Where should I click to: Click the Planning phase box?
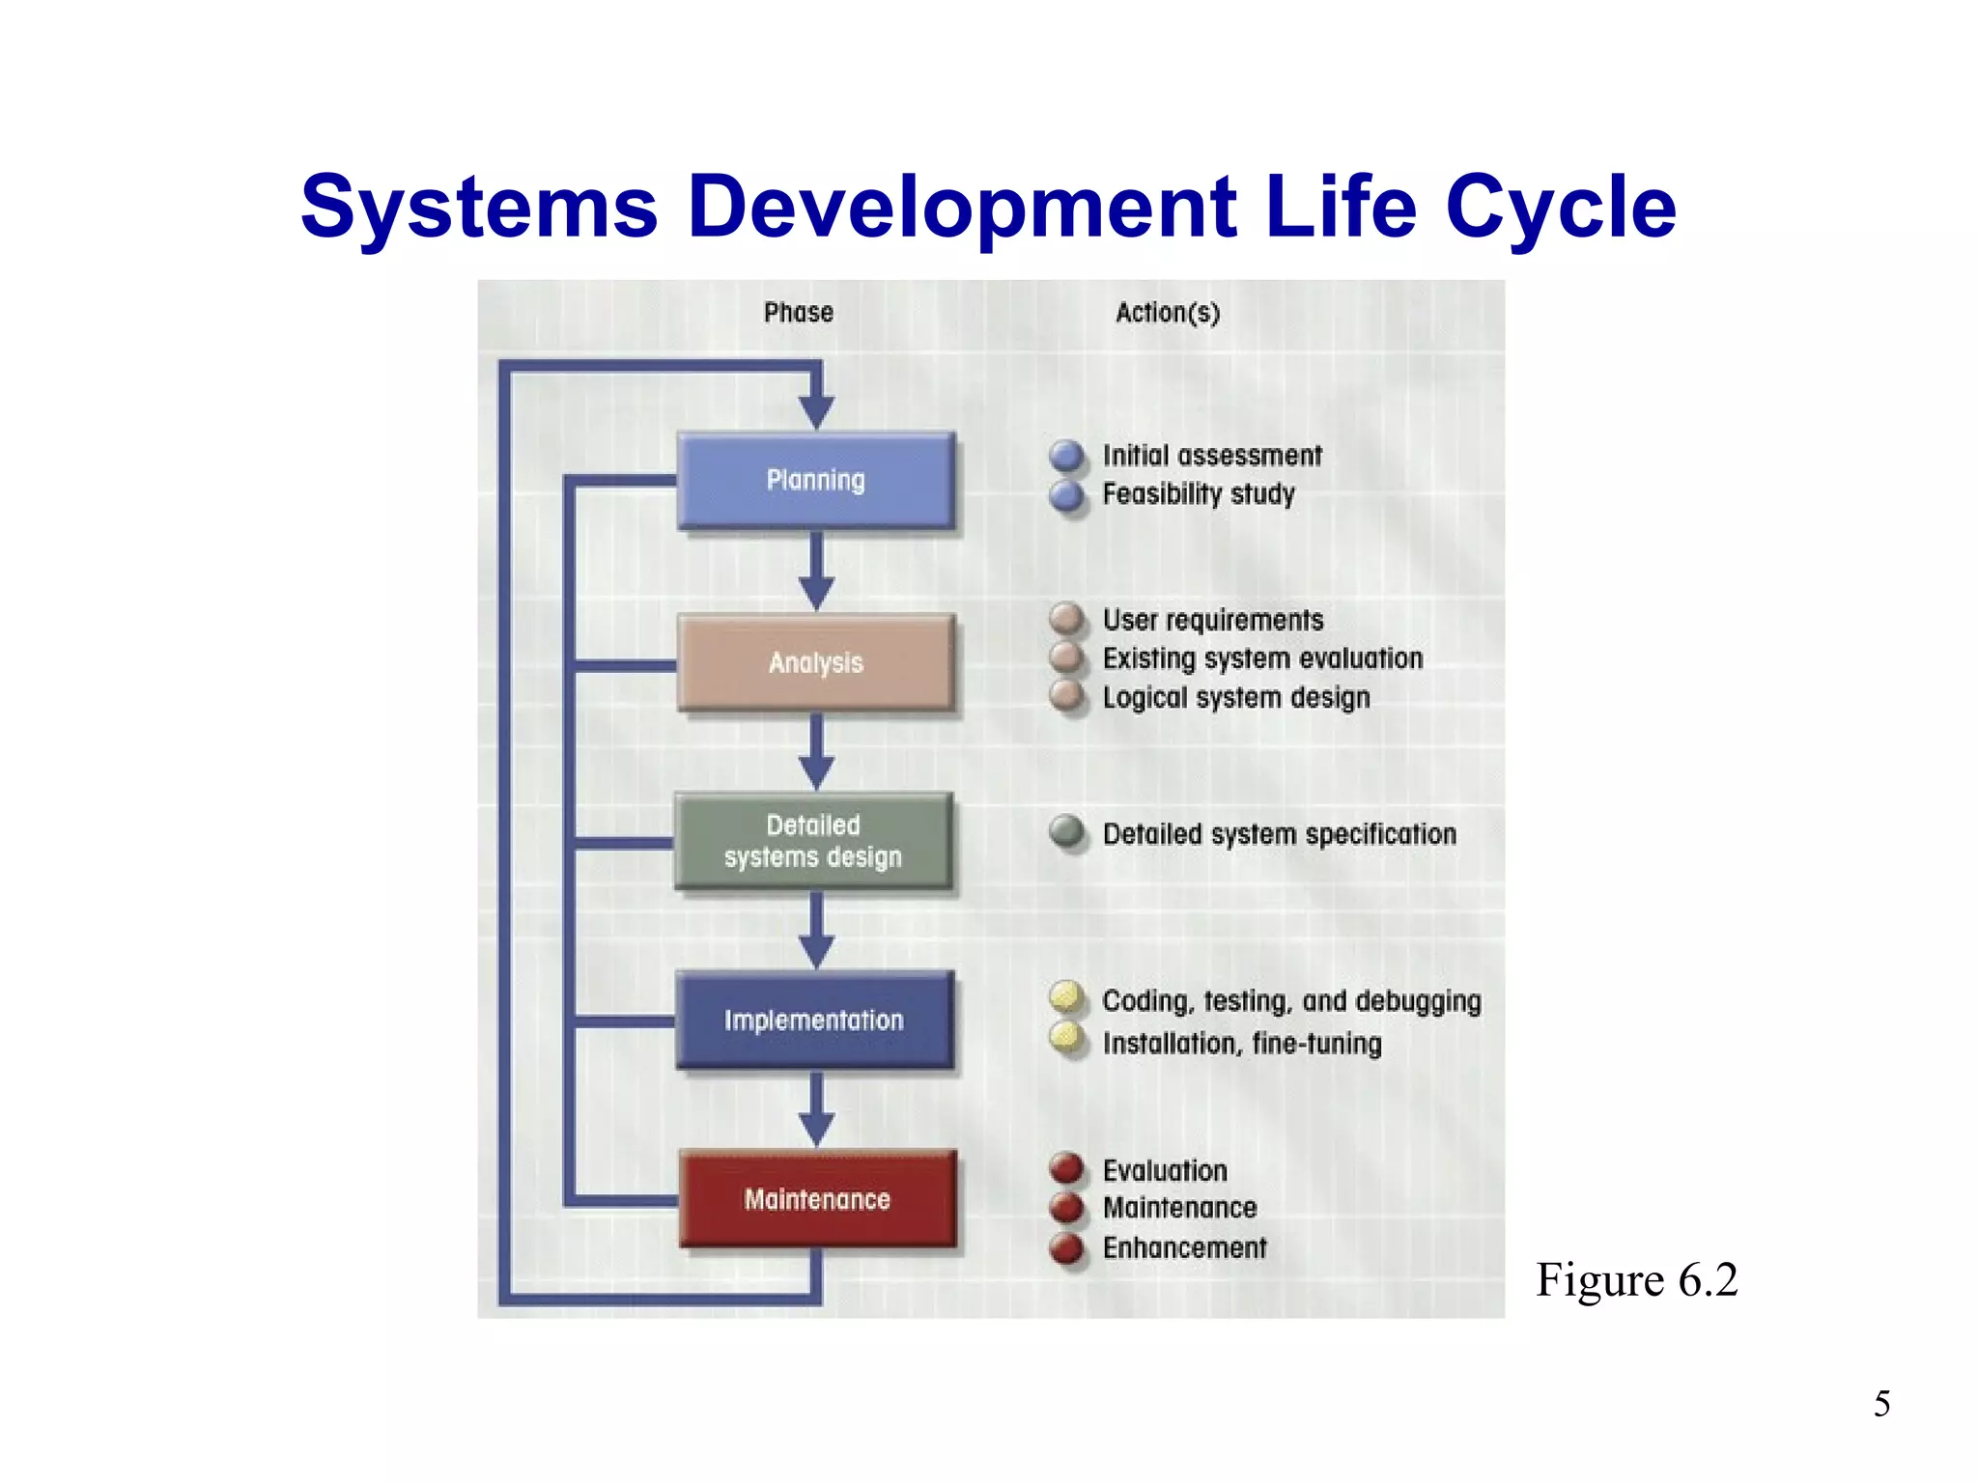(816, 480)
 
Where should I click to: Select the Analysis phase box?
(816, 662)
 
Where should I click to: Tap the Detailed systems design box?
(813, 841)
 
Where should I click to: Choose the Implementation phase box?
(814, 1021)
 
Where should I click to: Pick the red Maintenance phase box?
(817, 1199)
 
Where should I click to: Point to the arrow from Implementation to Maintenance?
(816, 1110)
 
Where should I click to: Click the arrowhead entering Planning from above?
(816, 411)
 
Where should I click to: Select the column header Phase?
(798, 313)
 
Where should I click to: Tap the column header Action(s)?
(1168, 313)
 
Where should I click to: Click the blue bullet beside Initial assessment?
(1067, 456)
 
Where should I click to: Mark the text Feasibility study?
(1199, 494)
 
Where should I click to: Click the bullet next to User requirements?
(1067, 619)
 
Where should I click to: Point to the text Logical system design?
(1236, 697)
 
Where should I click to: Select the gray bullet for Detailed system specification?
(1067, 831)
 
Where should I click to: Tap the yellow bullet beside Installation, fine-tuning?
(1067, 1039)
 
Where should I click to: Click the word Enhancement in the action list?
(1184, 1247)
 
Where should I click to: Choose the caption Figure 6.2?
(1637, 1280)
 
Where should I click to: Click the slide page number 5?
(1881, 1404)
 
